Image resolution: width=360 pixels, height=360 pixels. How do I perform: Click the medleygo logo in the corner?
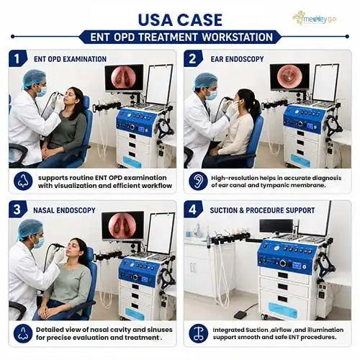[x=315, y=19]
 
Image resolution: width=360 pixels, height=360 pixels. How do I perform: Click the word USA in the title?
[x=156, y=20]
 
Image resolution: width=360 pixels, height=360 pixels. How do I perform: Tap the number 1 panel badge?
[x=18, y=59]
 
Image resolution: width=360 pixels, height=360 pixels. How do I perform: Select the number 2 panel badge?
[x=193, y=59]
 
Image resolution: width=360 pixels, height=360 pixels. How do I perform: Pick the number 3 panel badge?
[x=18, y=210]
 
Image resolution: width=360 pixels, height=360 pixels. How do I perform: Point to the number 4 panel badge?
[x=193, y=210]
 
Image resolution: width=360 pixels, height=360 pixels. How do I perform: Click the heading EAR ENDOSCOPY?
[x=237, y=59]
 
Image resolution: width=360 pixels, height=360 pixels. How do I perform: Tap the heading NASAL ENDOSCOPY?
[x=64, y=210]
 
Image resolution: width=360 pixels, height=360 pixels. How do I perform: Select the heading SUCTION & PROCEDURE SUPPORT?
[x=262, y=210]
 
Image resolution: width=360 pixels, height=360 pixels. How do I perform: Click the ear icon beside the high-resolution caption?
[x=198, y=181]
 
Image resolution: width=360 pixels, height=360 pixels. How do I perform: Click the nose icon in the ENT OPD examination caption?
[x=23, y=181]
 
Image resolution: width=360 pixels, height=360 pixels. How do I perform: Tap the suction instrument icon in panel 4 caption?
[x=198, y=333]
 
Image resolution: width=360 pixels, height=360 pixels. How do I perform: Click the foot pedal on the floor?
[x=240, y=315]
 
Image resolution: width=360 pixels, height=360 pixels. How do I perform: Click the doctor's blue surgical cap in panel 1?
[x=34, y=78]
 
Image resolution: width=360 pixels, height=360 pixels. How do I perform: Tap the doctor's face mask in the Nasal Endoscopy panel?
[x=40, y=242]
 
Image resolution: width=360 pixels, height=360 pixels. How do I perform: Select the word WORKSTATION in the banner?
[x=237, y=37]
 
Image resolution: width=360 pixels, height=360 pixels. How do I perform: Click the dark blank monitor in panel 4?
[x=276, y=226]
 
